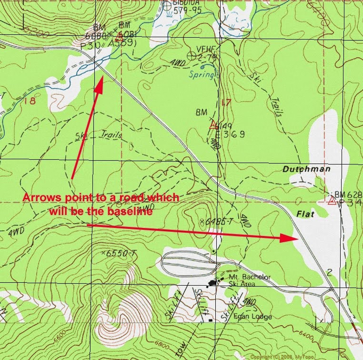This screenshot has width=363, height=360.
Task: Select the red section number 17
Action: point(227,102)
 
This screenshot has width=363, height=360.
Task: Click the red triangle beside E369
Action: point(213,126)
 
